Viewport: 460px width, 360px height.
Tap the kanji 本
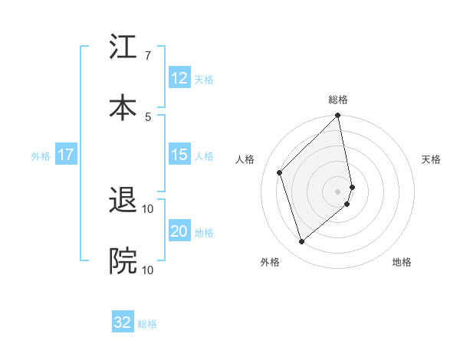point(123,106)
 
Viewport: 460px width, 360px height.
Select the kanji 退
point(123,202)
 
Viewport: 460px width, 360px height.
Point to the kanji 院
point(123,261)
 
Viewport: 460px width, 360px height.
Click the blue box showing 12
point(179,78)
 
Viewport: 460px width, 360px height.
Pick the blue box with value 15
point(179,155)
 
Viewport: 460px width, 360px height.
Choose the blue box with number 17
point(66,155)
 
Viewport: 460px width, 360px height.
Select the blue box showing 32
point(123,322)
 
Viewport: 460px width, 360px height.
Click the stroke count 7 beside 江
point(147,56)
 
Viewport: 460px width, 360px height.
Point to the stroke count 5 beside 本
point(147,116)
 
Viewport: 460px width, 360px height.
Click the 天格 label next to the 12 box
point(204,79)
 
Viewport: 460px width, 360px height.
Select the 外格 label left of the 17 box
point(41,155)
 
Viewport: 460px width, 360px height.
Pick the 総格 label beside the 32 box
point(147,323)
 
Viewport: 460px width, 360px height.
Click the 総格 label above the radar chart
point(338,100)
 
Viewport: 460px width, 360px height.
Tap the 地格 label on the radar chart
point(402,263)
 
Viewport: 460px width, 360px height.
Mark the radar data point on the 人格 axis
point(280,172)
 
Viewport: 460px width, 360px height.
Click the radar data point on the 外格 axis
point(302,242)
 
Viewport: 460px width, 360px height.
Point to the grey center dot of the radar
point(338,191)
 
